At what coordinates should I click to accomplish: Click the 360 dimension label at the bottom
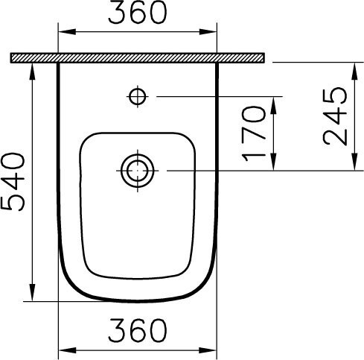pyautogui.click(x=137, y=329)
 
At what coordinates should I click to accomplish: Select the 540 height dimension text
pyautogui.click(x=14, y=181)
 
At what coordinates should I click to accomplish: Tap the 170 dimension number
pyautogui.click(x=254, y=134)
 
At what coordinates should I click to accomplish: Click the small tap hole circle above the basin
pyautogui.click(x=137, y=95)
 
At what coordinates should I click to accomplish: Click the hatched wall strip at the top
pyautogui.click(x=138, y=57)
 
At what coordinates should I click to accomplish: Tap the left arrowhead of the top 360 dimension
pyautogui.click(x=63, y=32)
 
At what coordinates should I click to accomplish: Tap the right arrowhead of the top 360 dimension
pyautogui.click(x=211, y=32)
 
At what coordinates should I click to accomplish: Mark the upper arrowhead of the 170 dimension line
pyautogui.click(x=275, y=101)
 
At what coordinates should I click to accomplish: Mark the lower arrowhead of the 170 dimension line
pyautogui.click(x=275, y=165)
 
